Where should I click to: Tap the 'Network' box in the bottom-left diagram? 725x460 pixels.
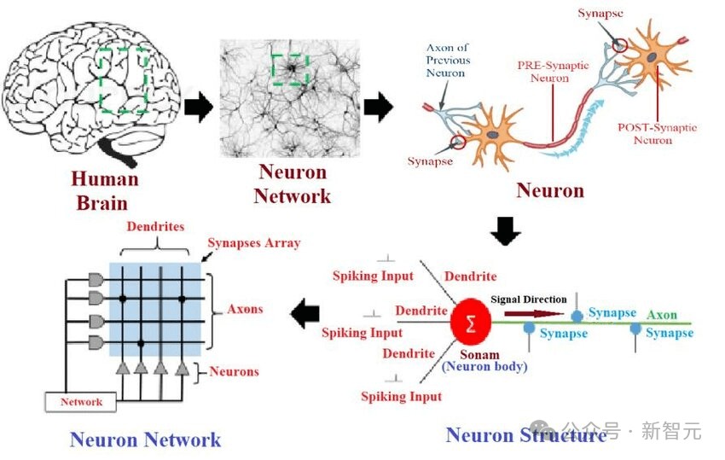[81, 402]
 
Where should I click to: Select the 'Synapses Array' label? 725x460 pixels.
[255, 243]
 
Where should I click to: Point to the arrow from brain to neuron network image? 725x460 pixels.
[199, 107]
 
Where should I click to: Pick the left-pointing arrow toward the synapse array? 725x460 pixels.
[304, 314]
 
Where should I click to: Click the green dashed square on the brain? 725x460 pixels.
[125, 80]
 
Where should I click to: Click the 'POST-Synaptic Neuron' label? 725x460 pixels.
[657, 134]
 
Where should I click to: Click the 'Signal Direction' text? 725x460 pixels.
[528, 300]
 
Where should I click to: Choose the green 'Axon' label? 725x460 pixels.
[661, 315]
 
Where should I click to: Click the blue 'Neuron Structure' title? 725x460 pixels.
[525, 435]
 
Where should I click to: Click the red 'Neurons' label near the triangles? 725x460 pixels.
[234, 371]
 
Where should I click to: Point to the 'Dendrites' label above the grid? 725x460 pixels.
[154, 228]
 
